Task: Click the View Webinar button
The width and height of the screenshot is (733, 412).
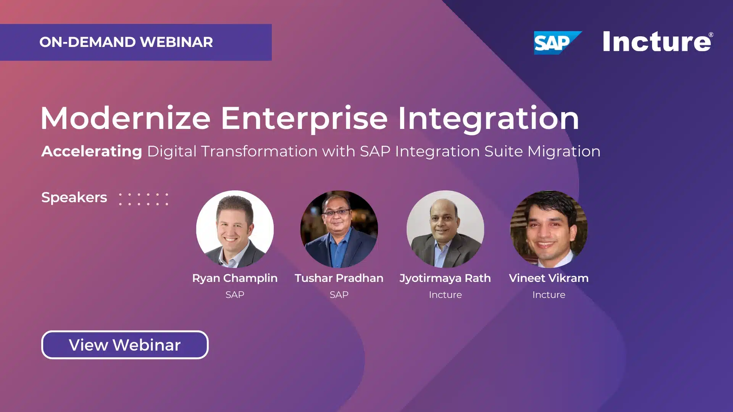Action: [x=125, y=345]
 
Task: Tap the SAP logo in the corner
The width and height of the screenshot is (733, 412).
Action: [x=557, y=43]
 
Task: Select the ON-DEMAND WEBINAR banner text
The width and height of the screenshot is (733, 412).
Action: [x=126, y=42]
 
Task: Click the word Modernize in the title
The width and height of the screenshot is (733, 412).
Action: [x=126, y=118]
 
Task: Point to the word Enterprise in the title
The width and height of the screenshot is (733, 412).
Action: [x=304, y=119]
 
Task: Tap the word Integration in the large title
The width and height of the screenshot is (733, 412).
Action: [x=489, y=119]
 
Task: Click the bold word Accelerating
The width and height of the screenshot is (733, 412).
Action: [x=92, y=151]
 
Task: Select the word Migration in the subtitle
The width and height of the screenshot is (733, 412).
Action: [x=564, y=151]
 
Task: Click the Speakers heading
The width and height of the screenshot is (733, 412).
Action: [x=74, y=198]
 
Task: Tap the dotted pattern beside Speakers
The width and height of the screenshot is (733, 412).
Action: [x=144, y=199]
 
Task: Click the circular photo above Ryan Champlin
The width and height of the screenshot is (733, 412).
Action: [x=235, y=229]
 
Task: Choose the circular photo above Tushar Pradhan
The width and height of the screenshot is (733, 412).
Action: [x=339, y=229]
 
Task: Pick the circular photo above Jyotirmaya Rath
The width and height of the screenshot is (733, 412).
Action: [x=445, y=229]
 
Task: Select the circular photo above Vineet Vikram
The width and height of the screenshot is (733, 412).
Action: [x=549, y=229]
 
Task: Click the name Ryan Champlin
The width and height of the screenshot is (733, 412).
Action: [x=235, y=278]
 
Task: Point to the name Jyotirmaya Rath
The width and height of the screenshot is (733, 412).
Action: [x=445, y=278]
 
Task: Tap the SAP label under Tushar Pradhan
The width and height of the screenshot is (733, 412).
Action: [x=339, y=295]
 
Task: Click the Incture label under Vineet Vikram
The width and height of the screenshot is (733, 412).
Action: [x=549, y=295]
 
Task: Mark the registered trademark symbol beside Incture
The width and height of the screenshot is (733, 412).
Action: [x=710, y=35]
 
